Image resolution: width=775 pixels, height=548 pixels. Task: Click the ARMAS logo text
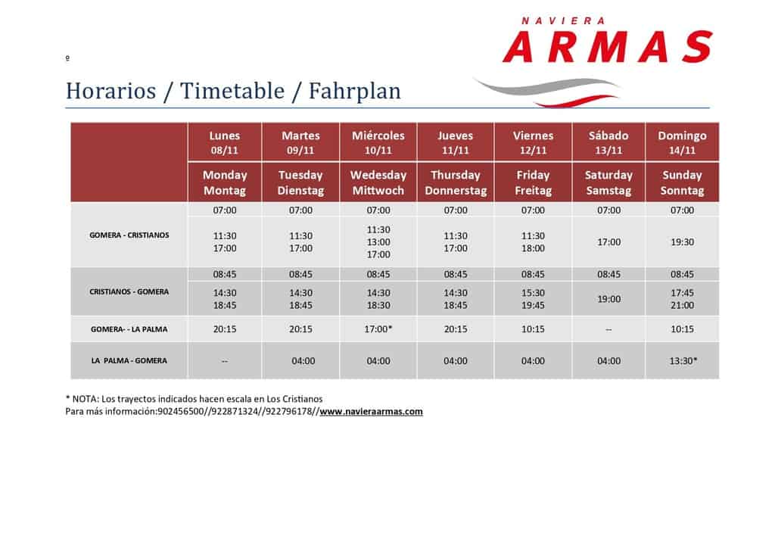click(x=608, y=47)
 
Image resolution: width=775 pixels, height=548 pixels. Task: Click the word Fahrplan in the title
click(x=354, y=92)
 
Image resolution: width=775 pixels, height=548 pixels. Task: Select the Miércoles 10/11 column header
click(x=378, y=143)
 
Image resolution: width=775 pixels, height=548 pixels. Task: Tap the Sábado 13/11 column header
click(x=608, y=143)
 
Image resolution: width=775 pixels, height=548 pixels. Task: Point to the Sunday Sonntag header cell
click(x=682, y=183)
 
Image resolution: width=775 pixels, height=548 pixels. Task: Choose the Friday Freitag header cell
click(x=533, y=183)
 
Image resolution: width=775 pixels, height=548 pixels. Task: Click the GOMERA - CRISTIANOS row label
click(x=129, y=235)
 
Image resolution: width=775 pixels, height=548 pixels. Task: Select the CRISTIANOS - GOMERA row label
click(x=129, y=292)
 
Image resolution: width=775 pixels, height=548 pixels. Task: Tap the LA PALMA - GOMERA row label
click(x=129, y=361)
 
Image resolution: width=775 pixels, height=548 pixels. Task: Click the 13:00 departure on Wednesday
click(x=378, y=242)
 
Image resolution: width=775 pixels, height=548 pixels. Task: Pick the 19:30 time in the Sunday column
click(x=682, y=242)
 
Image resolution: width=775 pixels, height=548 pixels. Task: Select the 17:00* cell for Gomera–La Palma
click(x=378, y=329)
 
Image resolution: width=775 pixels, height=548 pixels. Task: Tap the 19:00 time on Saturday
click(x=608, y=299)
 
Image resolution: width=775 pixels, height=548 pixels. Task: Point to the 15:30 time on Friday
click(x=533, y=293)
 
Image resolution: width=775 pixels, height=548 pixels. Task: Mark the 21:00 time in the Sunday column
click(x=682, y=305)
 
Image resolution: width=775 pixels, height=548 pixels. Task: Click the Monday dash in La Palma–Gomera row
click(x=224, y=361)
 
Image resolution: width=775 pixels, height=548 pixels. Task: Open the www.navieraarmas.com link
click(x=371, y=412)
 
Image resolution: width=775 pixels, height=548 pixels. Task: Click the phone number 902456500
click(x=180, y=412)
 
